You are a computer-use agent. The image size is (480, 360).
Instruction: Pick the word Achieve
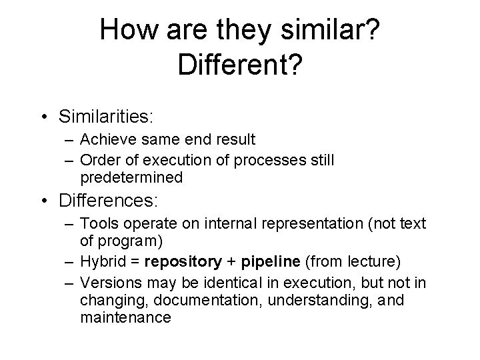click(103, 140)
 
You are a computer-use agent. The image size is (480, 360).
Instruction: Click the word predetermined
click(131, 177)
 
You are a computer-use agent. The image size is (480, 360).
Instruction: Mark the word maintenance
click(125, 317)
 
